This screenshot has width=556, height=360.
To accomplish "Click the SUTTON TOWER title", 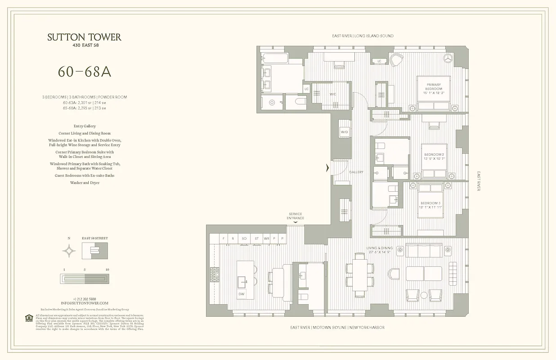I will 84,37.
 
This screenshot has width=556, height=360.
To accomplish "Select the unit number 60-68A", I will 84,72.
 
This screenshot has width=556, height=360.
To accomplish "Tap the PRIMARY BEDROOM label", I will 433,87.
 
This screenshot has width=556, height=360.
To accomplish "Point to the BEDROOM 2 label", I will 434,157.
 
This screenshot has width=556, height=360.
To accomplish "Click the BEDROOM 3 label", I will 430,205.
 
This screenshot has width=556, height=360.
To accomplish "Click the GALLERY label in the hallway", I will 356,172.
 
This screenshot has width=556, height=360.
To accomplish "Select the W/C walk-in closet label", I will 333,94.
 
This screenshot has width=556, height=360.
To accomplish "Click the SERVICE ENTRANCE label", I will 295,216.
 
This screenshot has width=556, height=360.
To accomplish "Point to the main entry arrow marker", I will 328,168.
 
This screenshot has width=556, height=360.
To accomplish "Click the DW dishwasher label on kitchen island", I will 242,294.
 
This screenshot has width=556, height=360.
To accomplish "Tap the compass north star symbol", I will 69,251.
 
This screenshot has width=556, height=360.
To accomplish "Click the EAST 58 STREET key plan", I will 94,251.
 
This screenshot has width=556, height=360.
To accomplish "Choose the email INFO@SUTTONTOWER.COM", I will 85,303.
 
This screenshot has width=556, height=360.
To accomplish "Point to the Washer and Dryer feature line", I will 85,183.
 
